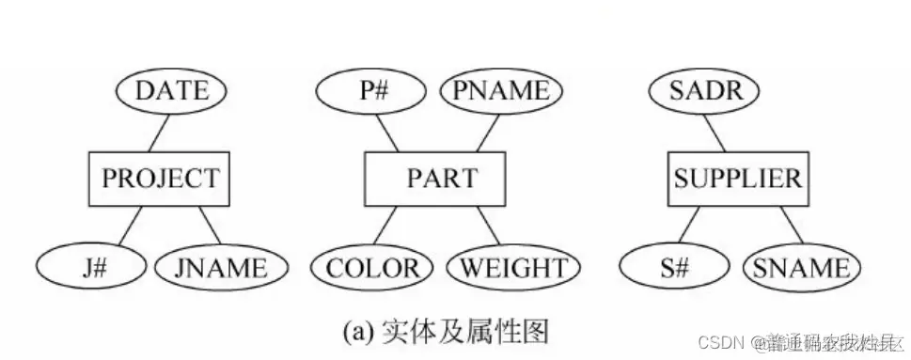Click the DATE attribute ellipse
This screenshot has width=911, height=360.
[x=171, y=91]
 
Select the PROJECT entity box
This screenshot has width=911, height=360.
[x=160, y=178]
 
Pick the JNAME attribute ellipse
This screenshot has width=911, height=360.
[x=220, y=270]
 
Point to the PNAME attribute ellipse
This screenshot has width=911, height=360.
[x=500, y=91]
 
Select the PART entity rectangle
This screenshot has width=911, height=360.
[x=434, y=178]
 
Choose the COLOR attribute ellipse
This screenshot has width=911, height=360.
[x=373, y=270]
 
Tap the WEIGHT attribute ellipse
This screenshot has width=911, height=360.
[x=508, y=270]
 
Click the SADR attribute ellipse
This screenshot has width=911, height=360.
[x=695, y=91]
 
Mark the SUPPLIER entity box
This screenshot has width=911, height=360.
[x=738, y=178]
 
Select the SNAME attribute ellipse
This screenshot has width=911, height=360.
[x=801, y=270]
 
